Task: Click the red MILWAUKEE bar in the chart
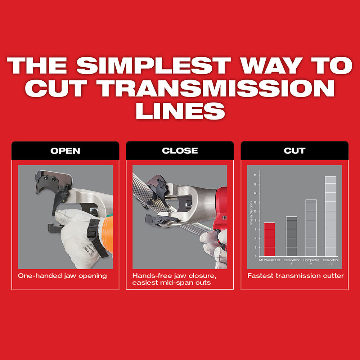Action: point(270,239)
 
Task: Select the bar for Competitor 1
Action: point(292,237)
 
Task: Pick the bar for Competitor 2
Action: point(311,228)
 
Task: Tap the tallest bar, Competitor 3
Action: point(330,216)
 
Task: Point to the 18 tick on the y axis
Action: point(255,175)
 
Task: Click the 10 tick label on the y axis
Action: point(255,211)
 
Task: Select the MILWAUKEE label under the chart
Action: point(270,260)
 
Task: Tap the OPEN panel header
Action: point(65,150)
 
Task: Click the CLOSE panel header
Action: point(180,150)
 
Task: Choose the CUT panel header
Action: point(294,150)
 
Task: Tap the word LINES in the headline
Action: point(180,111)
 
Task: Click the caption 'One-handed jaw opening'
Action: point(62,276)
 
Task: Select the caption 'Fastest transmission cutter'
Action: point(296,276)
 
